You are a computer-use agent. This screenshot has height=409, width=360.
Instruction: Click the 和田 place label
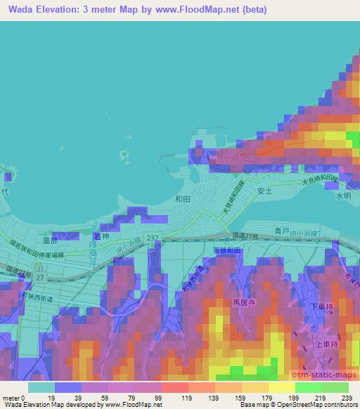coord(183,199)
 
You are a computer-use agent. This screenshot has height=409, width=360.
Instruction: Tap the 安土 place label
coord(264,190)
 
